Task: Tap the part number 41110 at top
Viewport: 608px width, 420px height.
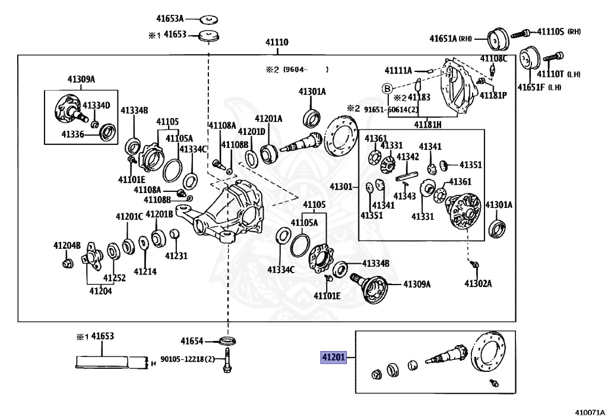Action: coord(276,43)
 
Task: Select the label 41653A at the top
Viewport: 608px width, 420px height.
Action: coord(170,18)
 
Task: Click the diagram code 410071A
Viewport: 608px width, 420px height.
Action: coord(589,412)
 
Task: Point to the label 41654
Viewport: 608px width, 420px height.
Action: coord(192,341)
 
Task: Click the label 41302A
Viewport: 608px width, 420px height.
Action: coord(478,283)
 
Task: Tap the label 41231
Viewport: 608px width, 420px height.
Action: coord(176,256)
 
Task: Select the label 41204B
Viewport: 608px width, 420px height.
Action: coord(66,245)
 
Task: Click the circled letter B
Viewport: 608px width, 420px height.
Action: coord(387,89)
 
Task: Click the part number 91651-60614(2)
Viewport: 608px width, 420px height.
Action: coord(391,109)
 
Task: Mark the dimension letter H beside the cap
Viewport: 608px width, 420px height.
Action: coord(153,362)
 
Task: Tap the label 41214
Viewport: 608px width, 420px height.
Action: coord(145,271)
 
